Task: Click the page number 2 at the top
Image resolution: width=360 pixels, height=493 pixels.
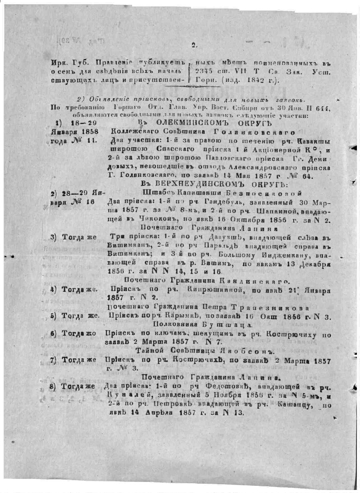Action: coord(194,45)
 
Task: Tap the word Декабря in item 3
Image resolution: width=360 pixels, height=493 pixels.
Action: coord(312,263)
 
